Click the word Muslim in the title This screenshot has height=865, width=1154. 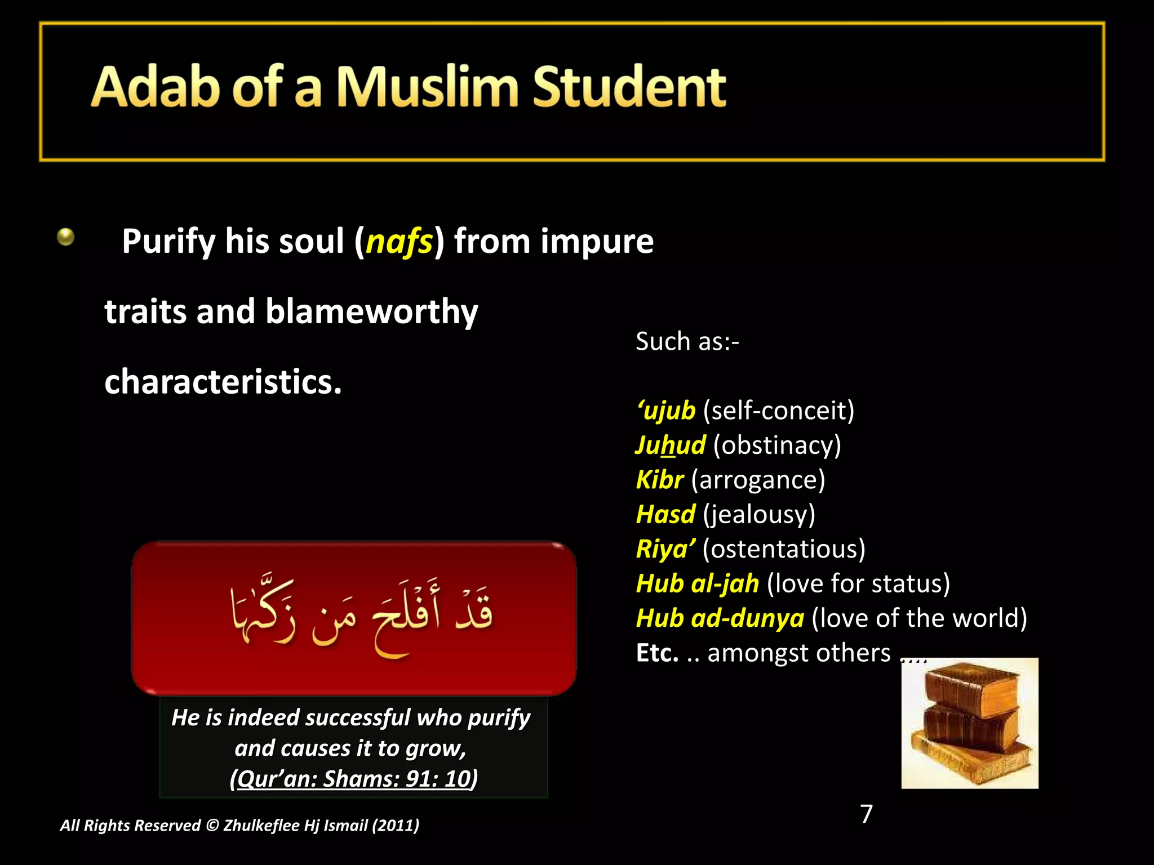tap(427, 87)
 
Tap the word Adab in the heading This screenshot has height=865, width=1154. tap(155, 87)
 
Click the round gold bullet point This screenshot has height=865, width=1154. tap(66, 237)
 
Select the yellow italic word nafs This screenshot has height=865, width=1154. tap(399, 242)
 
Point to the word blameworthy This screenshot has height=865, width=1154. tap(371, 311)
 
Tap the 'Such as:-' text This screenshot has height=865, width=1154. tap(687, 342)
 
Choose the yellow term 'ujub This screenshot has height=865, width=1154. tap(666, 411)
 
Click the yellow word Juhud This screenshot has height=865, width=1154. tap(670, 445)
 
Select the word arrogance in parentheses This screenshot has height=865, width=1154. tap(758, 480)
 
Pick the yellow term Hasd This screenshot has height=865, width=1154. tap(665, 515)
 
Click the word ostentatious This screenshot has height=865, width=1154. tap(784, 549)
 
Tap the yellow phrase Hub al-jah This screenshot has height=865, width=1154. tap(697, 584)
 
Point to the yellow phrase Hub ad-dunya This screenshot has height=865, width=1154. tap(720, 618)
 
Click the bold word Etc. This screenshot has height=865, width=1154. tap(657, 653)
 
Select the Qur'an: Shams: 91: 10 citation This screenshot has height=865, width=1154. tap(354, 779)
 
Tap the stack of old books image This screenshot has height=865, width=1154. tap(969, 723)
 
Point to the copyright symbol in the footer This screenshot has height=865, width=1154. tap(212, 826)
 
